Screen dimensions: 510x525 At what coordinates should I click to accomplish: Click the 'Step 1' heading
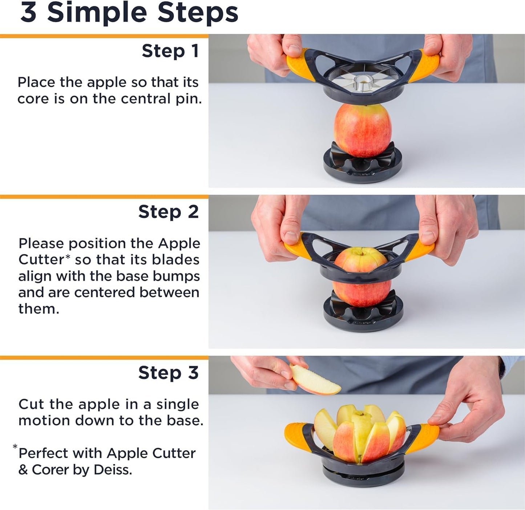point(170,51)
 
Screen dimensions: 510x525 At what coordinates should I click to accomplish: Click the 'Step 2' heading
point(168,212)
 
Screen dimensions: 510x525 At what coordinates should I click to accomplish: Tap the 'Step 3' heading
point(168,373)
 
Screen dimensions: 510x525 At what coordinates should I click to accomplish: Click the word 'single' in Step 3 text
point(177,404)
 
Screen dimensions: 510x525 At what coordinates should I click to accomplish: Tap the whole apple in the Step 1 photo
point(363,130)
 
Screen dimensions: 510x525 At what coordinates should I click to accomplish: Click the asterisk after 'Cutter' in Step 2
point(68,257)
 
